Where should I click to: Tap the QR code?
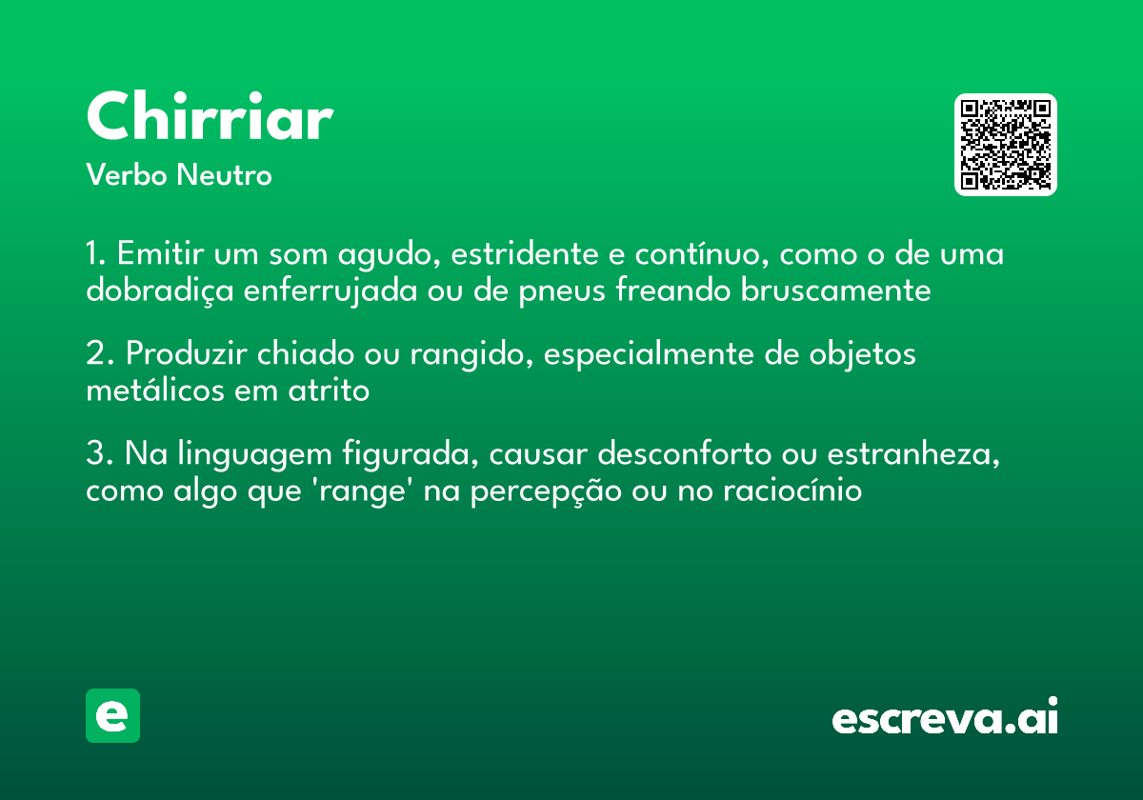coord(1006,145)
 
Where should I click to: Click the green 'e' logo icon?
coord(112,715)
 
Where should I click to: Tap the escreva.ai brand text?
coord(945,718)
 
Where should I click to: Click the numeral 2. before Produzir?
coord(98,354)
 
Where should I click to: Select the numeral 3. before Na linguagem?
coord(98,453)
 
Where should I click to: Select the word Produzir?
coord(182,354)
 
